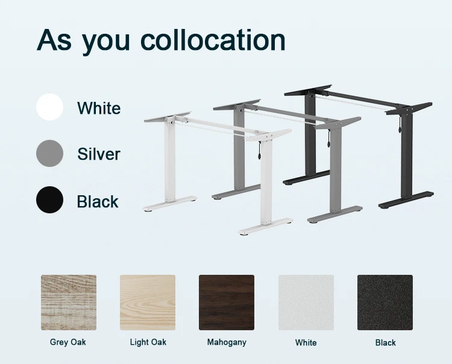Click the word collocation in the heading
coord(213,40)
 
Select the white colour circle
coord(49,107)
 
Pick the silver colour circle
coord(49,153)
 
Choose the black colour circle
coord(49,200)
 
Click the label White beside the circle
coord(99,108)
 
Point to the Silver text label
coord(99,154)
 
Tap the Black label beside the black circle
coord(98,201)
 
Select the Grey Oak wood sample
coord(69,303)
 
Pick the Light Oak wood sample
coord(148,303)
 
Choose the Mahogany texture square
coord(227,303)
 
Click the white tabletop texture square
coord(306,303)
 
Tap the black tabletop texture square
coord(385,303)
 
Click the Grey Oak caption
coord(68,342)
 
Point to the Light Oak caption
coord(148,342)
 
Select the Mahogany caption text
coord(227,342)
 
